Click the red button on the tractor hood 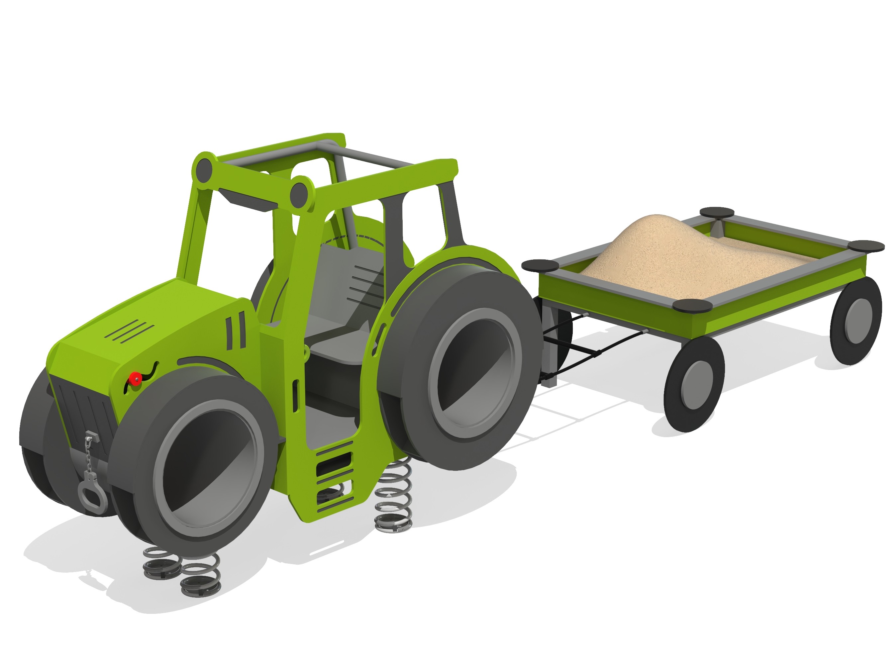coord(135,378)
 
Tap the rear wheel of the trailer coord(855,320)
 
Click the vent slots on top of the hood coord(130,331)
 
